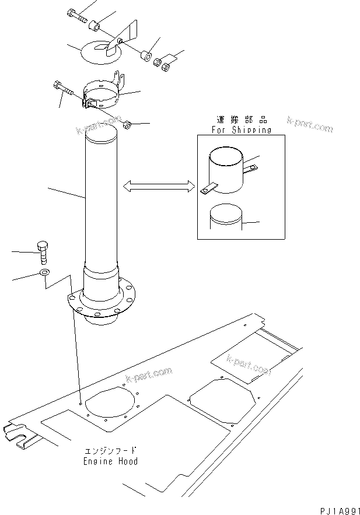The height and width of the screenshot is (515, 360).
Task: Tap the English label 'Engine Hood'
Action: coord(110,461)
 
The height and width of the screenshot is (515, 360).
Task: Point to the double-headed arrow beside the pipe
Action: coord(158,186)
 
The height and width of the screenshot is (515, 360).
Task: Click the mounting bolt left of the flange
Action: coord(43,251)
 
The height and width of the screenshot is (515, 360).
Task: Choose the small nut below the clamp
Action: coord(128,124)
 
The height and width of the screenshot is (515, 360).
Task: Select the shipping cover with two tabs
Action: coord(226,170)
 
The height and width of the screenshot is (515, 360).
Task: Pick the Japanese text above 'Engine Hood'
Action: coord(110,451)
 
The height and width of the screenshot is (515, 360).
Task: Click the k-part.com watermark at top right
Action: coord(310,124)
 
